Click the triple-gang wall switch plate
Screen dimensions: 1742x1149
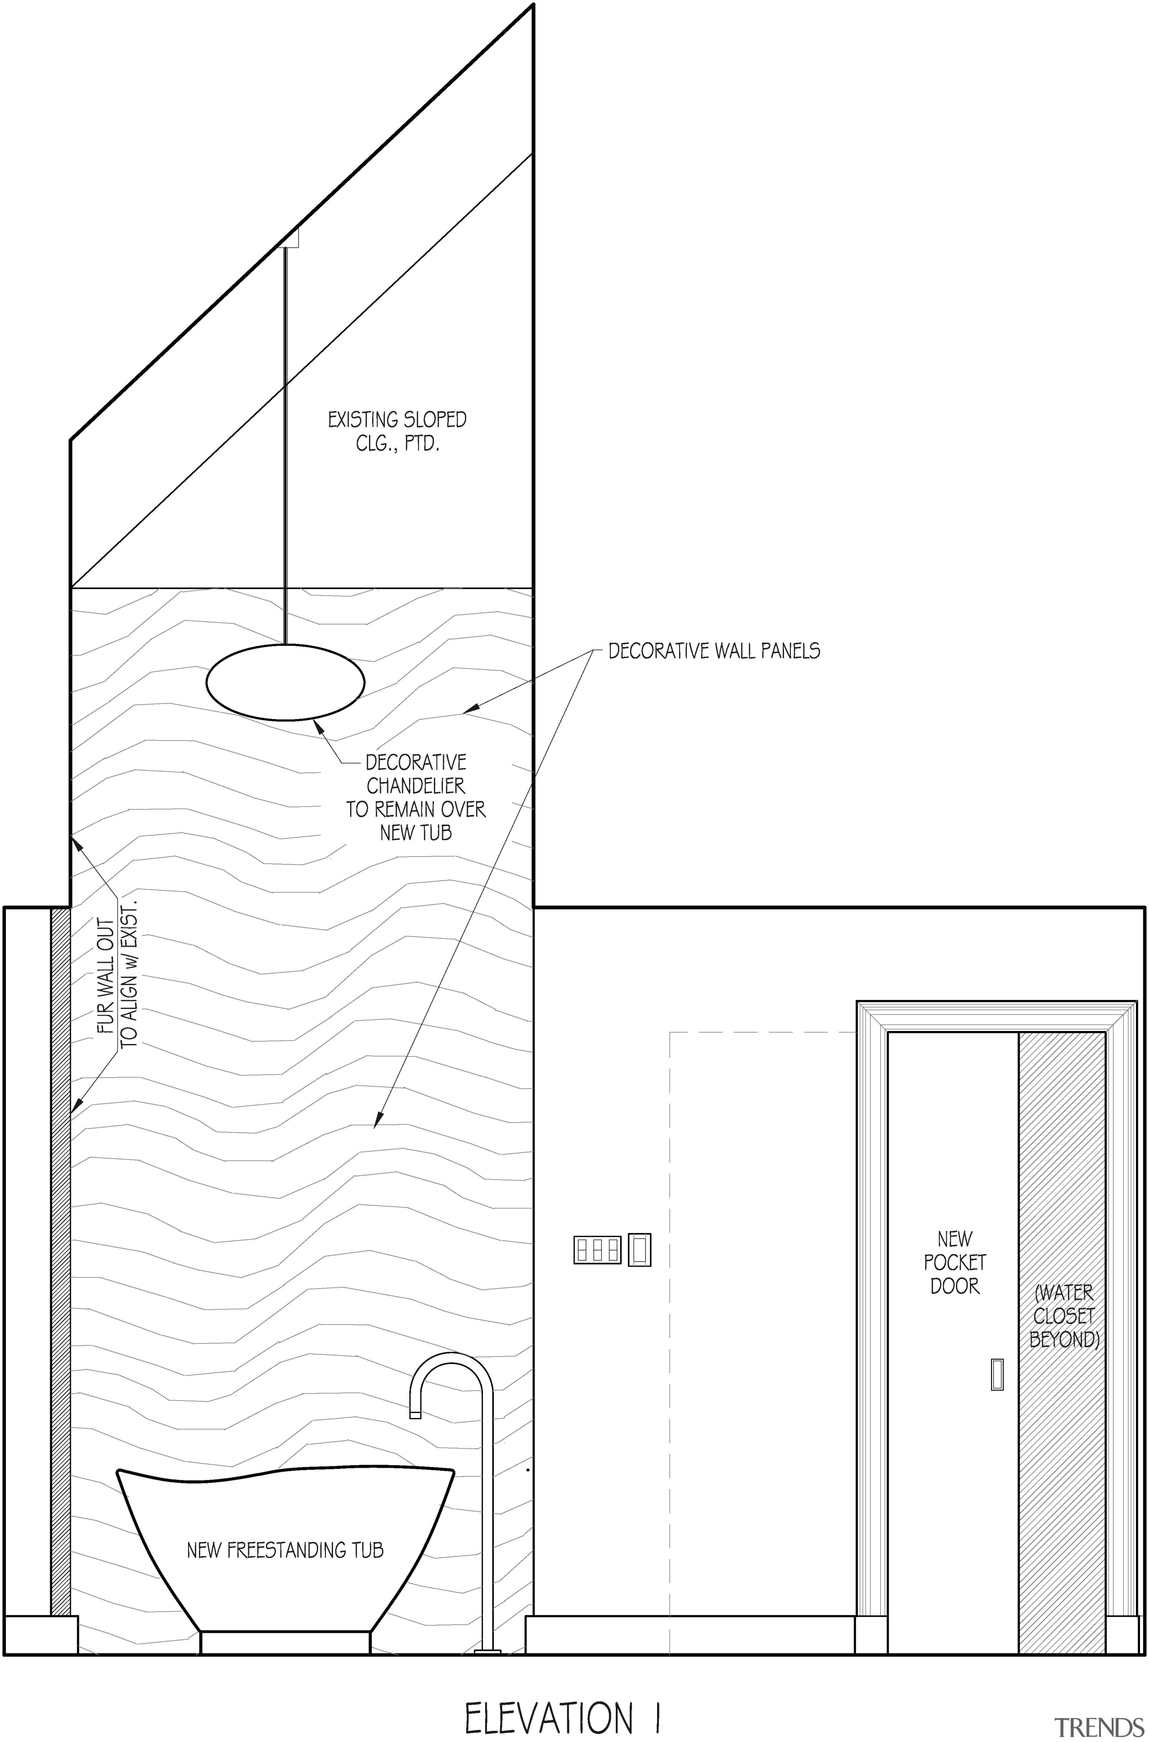point(597,1250)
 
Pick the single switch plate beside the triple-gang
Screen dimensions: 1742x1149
point(640,1250)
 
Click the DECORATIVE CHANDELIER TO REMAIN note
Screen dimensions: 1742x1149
point(416,797)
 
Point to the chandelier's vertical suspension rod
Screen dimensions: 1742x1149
point(286,447)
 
